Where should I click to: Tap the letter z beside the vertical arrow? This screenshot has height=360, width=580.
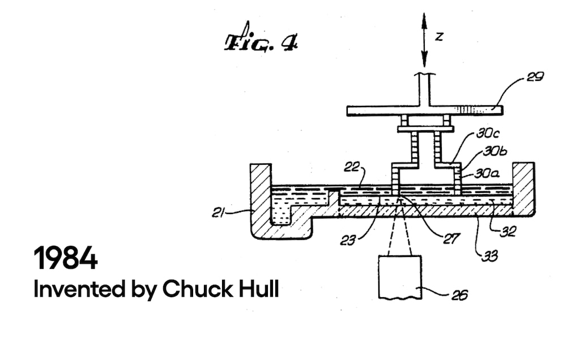tap(438, 37)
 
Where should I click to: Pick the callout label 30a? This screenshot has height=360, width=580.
tap(487, 173)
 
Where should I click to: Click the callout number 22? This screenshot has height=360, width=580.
tap(351, 166)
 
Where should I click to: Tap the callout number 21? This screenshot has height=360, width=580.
tap(219, 212)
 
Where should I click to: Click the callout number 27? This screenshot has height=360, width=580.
tap(450, 238)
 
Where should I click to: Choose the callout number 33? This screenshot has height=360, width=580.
tap(489, 255)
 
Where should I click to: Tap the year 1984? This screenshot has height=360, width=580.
tap(66, 259)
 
